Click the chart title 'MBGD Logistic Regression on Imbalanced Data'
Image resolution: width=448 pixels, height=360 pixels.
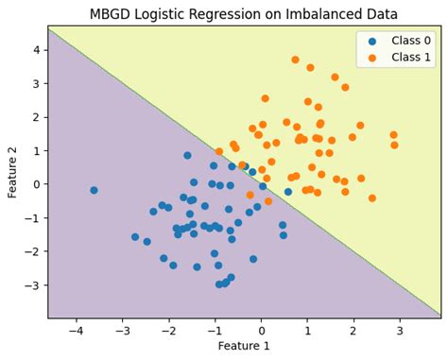[x=244, y=13]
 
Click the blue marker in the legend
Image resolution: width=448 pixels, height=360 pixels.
[x=371, y=42]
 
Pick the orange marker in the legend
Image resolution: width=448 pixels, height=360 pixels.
[x=371, y=58]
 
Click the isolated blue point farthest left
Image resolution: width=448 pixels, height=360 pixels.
[x=94, y=190]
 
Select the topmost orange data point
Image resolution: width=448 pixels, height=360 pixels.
[x=295, y=60]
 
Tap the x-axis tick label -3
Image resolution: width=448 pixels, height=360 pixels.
[x=121, y=331]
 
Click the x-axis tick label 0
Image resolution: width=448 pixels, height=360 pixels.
[x=262, y=331]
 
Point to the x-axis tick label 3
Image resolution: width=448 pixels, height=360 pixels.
[x=400, y=331]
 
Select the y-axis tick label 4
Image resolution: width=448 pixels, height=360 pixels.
[x=35, y=49]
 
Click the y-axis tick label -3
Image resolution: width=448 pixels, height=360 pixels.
[x=32, y=284]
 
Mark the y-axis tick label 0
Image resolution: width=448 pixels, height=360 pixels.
[x=35, y=184]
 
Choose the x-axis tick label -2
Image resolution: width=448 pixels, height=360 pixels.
[x=167, y=331]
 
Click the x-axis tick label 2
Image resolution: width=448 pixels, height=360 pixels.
[x=353, y=331]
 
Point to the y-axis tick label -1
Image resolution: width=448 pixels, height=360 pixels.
[x=32, y=217]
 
